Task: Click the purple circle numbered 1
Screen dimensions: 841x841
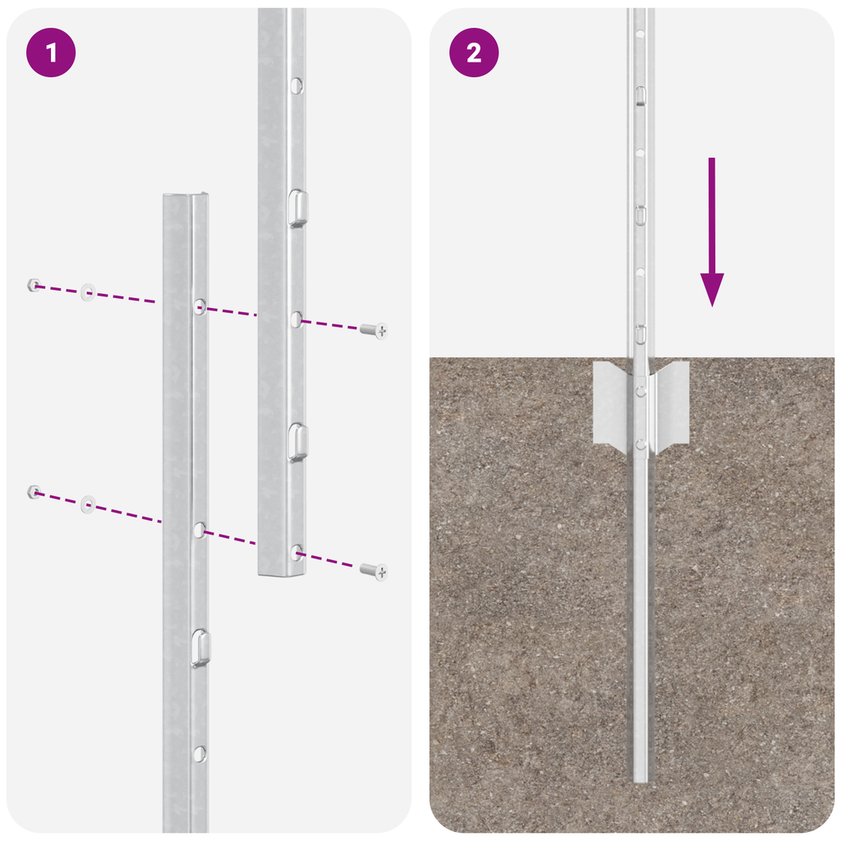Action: (51, 53)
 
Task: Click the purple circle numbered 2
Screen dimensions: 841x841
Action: (474, 53)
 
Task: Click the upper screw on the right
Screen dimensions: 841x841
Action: (374, 330)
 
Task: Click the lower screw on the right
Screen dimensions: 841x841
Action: (374, 570)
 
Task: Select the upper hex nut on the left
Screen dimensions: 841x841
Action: (34, 285)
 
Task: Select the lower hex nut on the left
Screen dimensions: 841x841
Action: (34, 492)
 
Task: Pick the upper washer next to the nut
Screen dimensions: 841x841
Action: (87, 292)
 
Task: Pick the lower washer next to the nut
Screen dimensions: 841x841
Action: (87, 503)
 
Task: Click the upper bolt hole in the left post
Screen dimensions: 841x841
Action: (200, 306)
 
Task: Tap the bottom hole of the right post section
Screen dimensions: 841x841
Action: (296, 552)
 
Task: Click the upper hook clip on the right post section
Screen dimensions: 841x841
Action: (298, 207)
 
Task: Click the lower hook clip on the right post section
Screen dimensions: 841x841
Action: (298, 442)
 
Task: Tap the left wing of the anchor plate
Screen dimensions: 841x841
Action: (611, 404)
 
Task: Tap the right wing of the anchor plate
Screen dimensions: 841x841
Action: (671, 404)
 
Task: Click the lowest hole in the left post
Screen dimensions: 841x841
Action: (199, 752)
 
